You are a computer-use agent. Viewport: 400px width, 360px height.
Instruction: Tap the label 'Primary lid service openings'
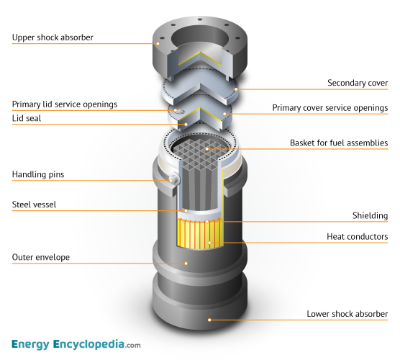tap(65, 104)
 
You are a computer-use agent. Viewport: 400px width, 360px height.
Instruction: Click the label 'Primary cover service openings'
tap(330, 108)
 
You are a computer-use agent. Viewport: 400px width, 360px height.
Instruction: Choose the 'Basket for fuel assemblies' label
tap(339, 143)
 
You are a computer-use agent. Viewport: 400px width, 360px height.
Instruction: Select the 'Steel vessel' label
tap(35, 204)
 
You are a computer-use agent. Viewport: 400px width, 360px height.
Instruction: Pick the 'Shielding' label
tap(371, 215)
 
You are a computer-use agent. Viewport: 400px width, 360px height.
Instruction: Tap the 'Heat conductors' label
tap(358, 236)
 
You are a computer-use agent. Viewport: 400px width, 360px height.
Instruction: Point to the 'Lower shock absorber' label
tap(347, 313)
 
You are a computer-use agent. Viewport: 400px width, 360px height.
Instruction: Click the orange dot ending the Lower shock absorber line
tap(210, 319)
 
